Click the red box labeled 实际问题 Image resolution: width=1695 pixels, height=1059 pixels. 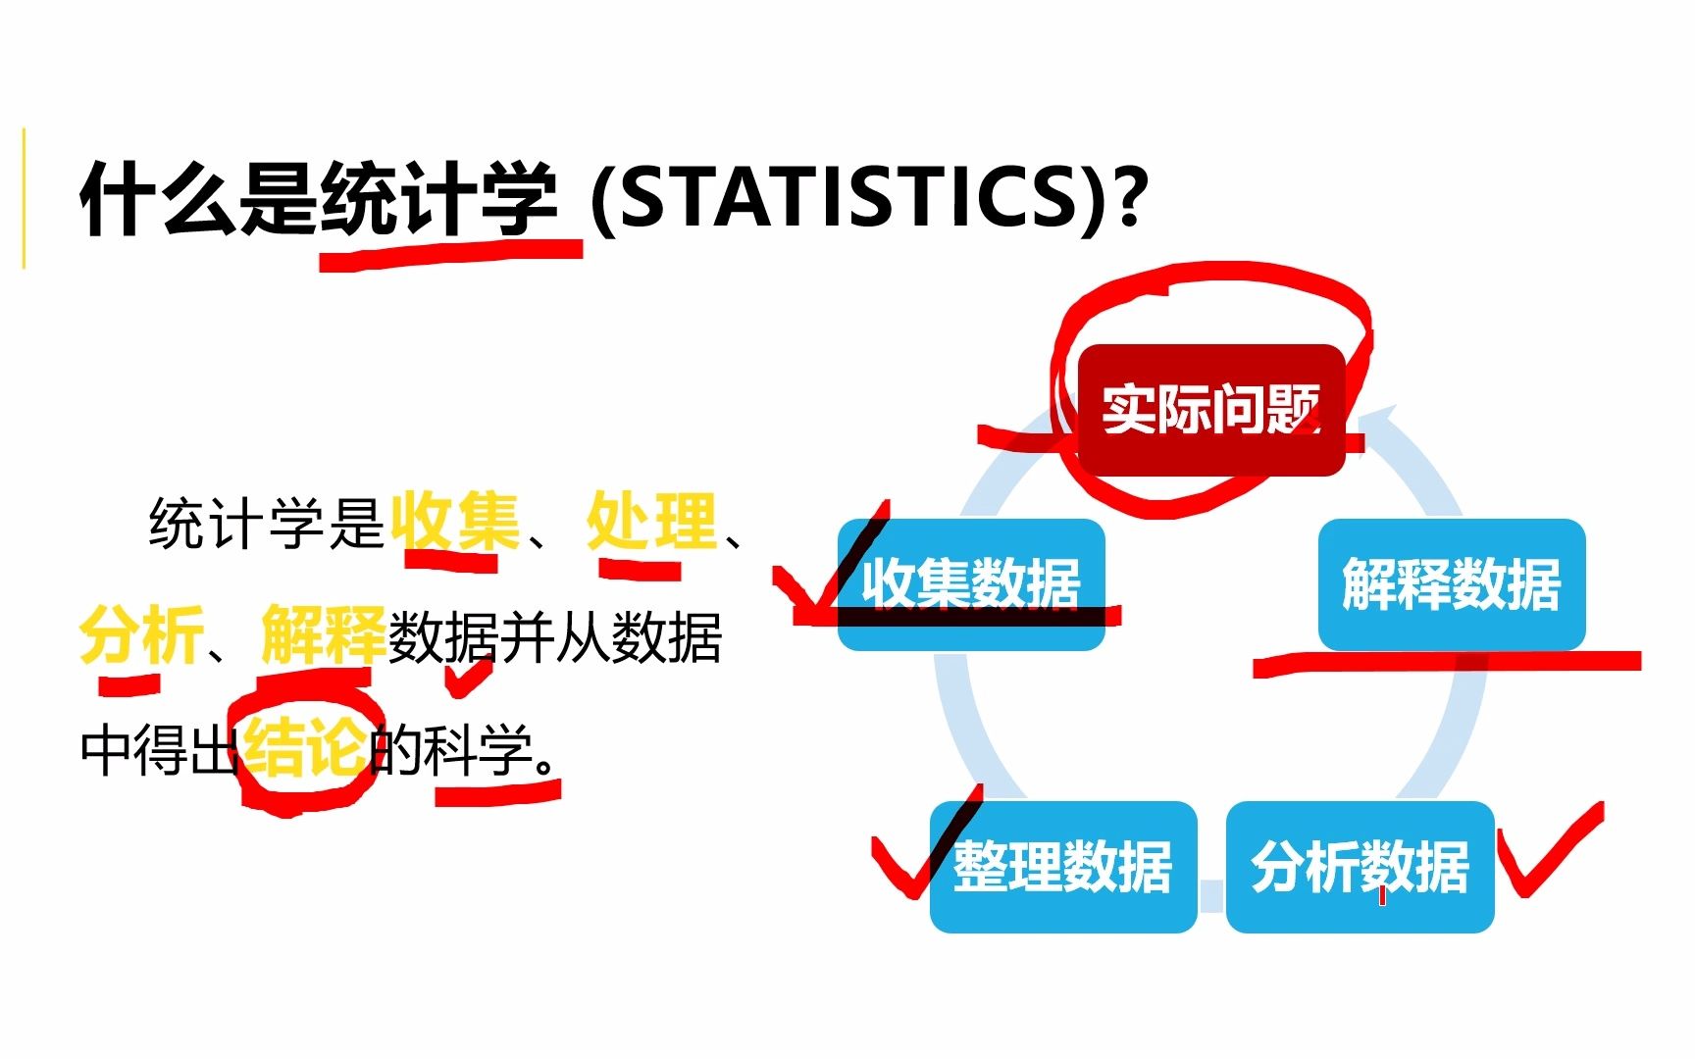click(1210, 410)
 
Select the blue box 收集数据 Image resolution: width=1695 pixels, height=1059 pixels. click(971, 583)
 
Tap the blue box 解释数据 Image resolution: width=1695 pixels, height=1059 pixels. click(1451, 583)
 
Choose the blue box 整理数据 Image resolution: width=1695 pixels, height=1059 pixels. click(1063, 867)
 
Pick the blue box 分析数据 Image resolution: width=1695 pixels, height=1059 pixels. click(1360, 867)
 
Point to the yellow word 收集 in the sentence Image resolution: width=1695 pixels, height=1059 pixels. click(454, 522)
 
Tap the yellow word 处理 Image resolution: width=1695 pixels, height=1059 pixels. click(651, 522)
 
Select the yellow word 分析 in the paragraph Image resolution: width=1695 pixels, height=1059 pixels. click(141, 635)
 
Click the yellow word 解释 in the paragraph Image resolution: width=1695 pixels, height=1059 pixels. click(323, 635)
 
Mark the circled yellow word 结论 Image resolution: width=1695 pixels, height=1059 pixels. click(305, 750)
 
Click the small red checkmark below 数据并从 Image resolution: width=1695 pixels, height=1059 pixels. click(469, 677)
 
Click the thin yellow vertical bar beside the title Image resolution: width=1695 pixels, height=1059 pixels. click(24, 196)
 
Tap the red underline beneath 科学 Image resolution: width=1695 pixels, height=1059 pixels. click(498, 791)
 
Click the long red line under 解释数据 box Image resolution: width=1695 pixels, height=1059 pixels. click(1447, 663)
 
